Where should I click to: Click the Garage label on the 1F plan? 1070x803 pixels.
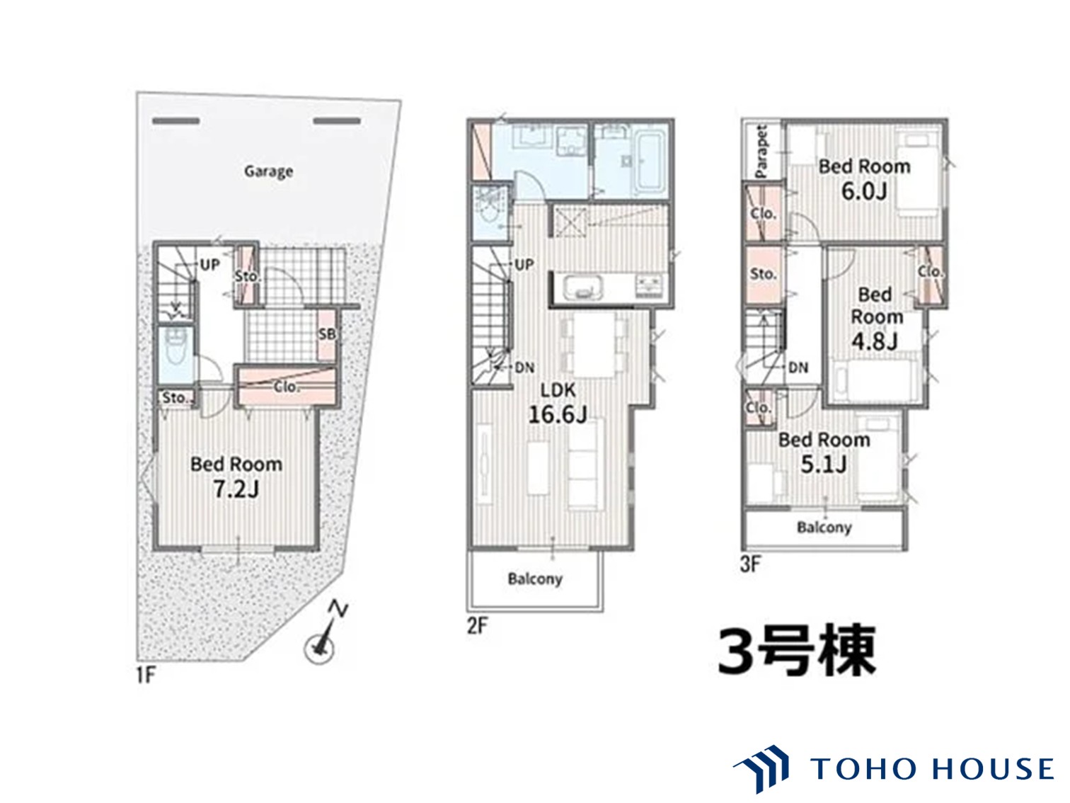(x=268, y=171)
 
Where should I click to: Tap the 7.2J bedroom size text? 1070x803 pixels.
(x=236, y=489)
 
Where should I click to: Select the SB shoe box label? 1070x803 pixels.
(x=326, y=334)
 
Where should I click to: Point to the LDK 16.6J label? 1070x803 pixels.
(x=558, y=402)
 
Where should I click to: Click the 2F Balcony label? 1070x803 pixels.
(x=535, y=579)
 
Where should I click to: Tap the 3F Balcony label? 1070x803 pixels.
(x=824, y=528)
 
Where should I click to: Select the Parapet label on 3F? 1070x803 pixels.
(x=761, y=151)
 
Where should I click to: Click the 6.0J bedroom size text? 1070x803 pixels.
(x=863, y=191)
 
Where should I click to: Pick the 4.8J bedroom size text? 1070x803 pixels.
(x=875, y=341)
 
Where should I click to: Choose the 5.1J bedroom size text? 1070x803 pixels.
(x=824, y=465)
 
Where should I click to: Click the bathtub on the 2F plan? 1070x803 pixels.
(x=650, y=161)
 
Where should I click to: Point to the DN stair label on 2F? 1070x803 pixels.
(x=524, y=368)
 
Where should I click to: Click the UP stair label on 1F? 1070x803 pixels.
(x=209, y=265)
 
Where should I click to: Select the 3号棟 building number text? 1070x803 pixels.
(x=797, y=650)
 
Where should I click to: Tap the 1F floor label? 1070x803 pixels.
(x=145, y=675)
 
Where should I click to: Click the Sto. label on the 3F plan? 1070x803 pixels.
(x=763, y=273)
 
